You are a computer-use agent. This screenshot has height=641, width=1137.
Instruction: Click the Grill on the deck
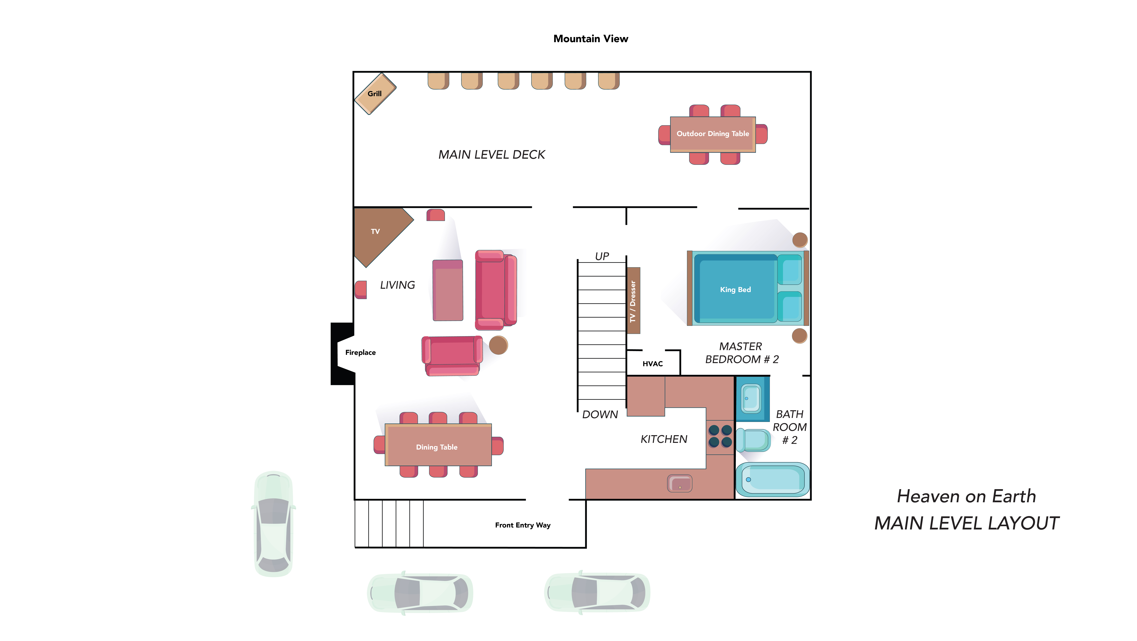[375, 94]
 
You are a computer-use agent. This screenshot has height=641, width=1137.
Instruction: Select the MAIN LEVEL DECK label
[492, 155]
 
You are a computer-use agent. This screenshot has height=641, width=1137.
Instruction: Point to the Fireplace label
[360, 352]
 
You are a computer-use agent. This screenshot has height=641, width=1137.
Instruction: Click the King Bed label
[735, 290]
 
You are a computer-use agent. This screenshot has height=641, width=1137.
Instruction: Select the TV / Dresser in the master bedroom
[633, 301]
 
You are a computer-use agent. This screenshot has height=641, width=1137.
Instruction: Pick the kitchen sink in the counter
[680, 483]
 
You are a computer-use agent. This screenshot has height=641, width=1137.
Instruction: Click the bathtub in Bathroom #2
[772, 479]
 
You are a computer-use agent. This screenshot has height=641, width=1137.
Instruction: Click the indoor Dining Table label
[436, 447]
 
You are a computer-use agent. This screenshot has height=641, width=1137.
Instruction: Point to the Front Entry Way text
[523, 525]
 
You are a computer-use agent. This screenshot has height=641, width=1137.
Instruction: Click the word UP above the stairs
[602, 257]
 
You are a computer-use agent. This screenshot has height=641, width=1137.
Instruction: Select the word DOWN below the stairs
[600, 415]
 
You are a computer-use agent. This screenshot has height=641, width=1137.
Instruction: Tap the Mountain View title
[591, 39]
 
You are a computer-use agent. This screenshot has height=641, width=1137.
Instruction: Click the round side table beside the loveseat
[498, 345]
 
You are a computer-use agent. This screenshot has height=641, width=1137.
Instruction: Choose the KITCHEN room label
[664, 439]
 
